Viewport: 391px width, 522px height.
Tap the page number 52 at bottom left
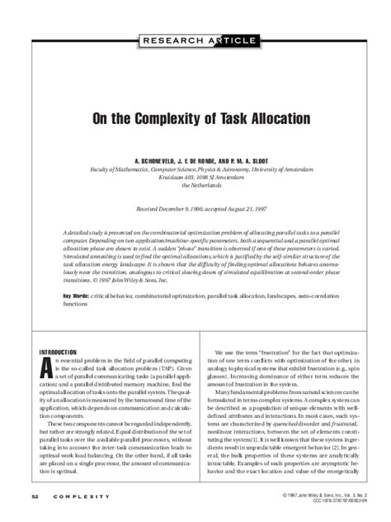point(35,496)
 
